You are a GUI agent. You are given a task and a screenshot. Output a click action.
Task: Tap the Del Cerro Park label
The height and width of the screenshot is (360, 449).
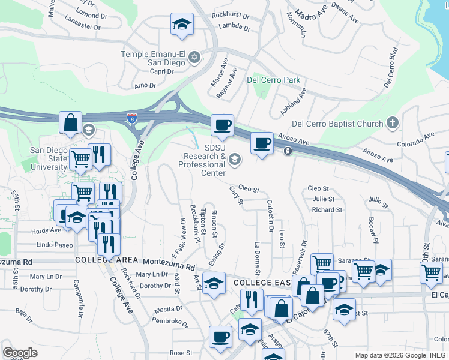[273, 79]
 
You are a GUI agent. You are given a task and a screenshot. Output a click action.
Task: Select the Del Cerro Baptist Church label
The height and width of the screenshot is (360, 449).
[337, 124]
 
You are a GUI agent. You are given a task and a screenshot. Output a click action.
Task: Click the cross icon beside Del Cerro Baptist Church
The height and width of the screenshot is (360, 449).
[393, 124]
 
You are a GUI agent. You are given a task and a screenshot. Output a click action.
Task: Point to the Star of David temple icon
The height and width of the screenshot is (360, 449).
[194, 58]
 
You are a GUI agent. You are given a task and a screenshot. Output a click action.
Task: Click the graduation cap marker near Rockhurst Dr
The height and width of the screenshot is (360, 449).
[182, 24]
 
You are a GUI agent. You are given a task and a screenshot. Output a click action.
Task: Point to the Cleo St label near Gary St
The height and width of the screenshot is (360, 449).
[249, 189]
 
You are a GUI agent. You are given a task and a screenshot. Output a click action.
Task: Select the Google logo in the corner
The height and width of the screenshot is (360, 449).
[20, 353]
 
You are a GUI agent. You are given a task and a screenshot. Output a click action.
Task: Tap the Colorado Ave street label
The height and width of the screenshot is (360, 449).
[415, 140]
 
